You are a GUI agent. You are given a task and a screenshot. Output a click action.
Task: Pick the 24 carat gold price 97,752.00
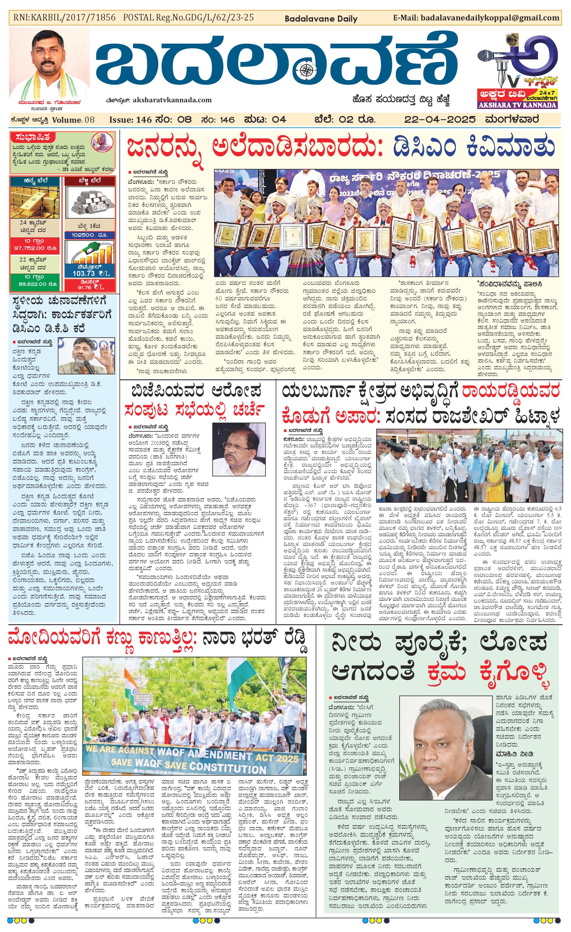click(35, 248)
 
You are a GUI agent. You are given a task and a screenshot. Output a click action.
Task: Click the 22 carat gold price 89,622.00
click(35, 284)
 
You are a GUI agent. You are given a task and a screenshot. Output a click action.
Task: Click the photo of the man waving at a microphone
click(86, 356)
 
